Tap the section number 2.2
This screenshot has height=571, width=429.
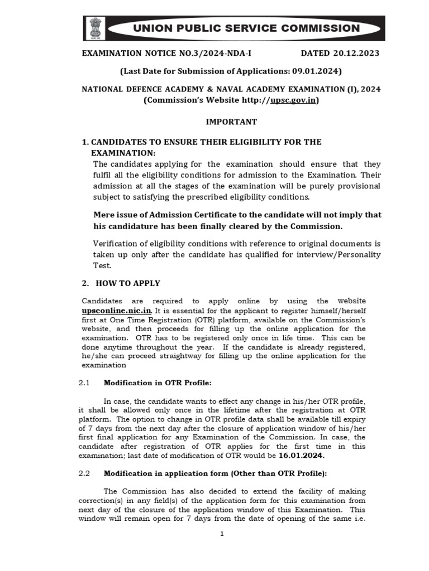pyautogui.click(x=84, y=473)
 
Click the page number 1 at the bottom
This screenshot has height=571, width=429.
pyautogui.click(x=222, y=534)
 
